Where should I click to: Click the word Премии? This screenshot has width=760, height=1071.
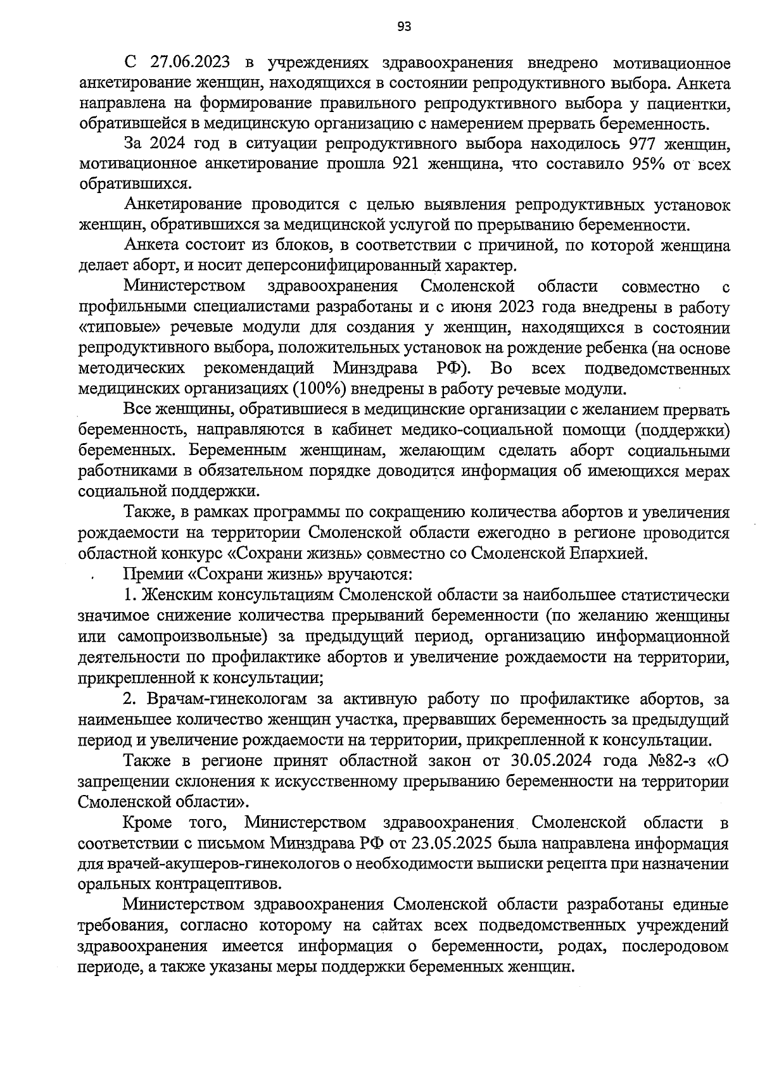click(154, 574)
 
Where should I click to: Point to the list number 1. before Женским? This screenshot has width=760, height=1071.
click(130, 595)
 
